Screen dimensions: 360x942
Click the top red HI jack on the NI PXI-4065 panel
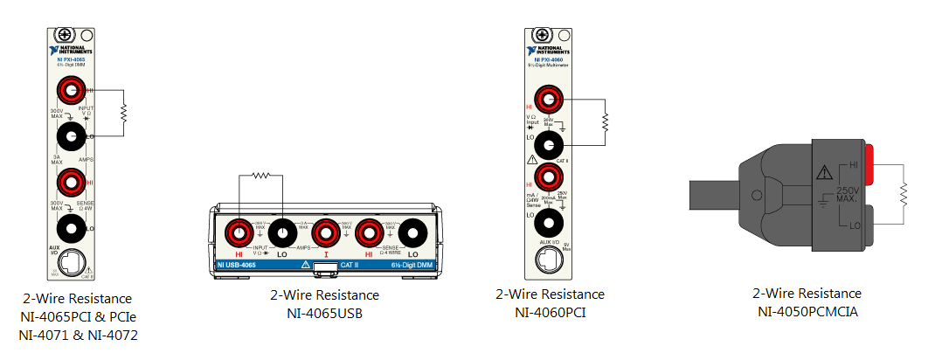tap(71, 89)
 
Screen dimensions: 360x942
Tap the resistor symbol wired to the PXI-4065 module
tap(124, 112)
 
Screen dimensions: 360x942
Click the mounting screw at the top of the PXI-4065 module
tap(65, 36)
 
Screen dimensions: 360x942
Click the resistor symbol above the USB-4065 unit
tap(260, 175)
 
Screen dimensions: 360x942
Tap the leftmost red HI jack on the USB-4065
tap(237, 233)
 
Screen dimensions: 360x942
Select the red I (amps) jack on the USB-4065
tap(325, 233)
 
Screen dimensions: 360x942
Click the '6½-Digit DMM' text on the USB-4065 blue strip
tap(410, 263)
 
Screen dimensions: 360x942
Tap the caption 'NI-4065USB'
tap(324, 313)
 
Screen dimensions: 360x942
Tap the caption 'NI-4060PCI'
tap(550, 312)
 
